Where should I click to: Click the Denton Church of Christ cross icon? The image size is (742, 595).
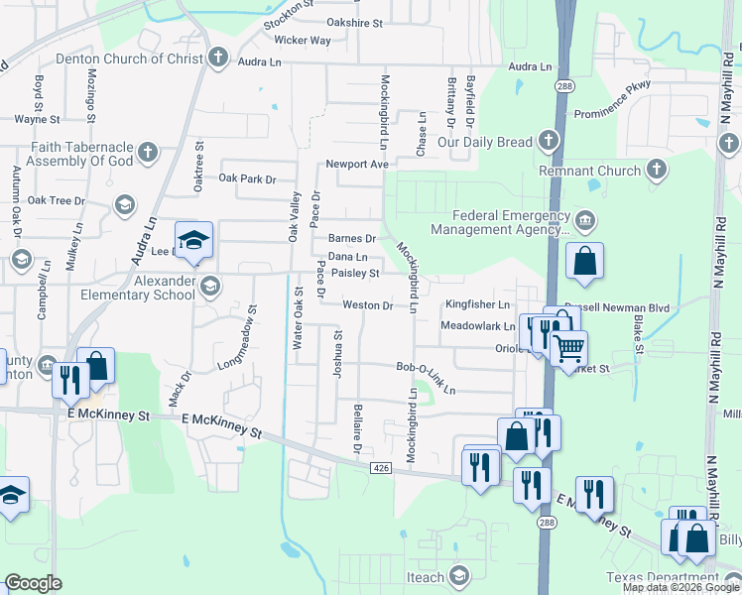pyautogui.click(x=218, y=58)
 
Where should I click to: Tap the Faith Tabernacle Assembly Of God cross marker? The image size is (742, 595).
pyautogui.click(x=148, y=152)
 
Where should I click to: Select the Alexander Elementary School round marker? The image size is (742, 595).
pyautogui.click(x=209, y=287)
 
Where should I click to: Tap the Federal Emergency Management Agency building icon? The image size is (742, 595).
pyautogui.click(x=584, y=218)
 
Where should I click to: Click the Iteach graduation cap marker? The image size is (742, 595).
pyautogui.click(x=459, y=575)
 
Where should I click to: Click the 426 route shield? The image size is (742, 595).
pyautogui.click(x=380, y=466)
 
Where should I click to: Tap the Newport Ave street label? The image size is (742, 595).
pyautogui.click(x=356, y=164)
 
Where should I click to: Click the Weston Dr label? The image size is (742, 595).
pyautogui.click(x=367, y=305)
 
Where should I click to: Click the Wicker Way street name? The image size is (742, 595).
pyautogui.click(x=303, y=41)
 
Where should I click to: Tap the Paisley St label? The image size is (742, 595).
pyautogui.click(x=355, y=273)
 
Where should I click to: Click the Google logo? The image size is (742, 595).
pyautogui.click(x=33, y=583)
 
